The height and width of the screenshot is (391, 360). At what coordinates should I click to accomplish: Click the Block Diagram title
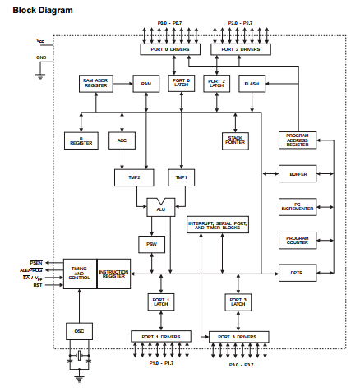37,10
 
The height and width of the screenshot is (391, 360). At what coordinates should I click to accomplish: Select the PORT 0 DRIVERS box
168,50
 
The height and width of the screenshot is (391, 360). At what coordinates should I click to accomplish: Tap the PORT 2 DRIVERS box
238,50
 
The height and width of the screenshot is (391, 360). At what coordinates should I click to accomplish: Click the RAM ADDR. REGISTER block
97,84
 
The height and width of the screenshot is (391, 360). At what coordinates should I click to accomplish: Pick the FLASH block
252,84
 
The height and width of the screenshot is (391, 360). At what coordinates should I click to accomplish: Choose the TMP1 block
181,177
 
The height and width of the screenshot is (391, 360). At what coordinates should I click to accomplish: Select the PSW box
151,244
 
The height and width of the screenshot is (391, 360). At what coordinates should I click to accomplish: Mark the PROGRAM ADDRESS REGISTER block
297,140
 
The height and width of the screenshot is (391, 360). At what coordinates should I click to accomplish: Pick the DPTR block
297,272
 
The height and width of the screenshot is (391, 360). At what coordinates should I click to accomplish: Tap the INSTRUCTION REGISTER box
113,274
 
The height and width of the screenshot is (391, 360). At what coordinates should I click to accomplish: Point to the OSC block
78,330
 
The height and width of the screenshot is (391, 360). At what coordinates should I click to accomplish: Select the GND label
41,57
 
